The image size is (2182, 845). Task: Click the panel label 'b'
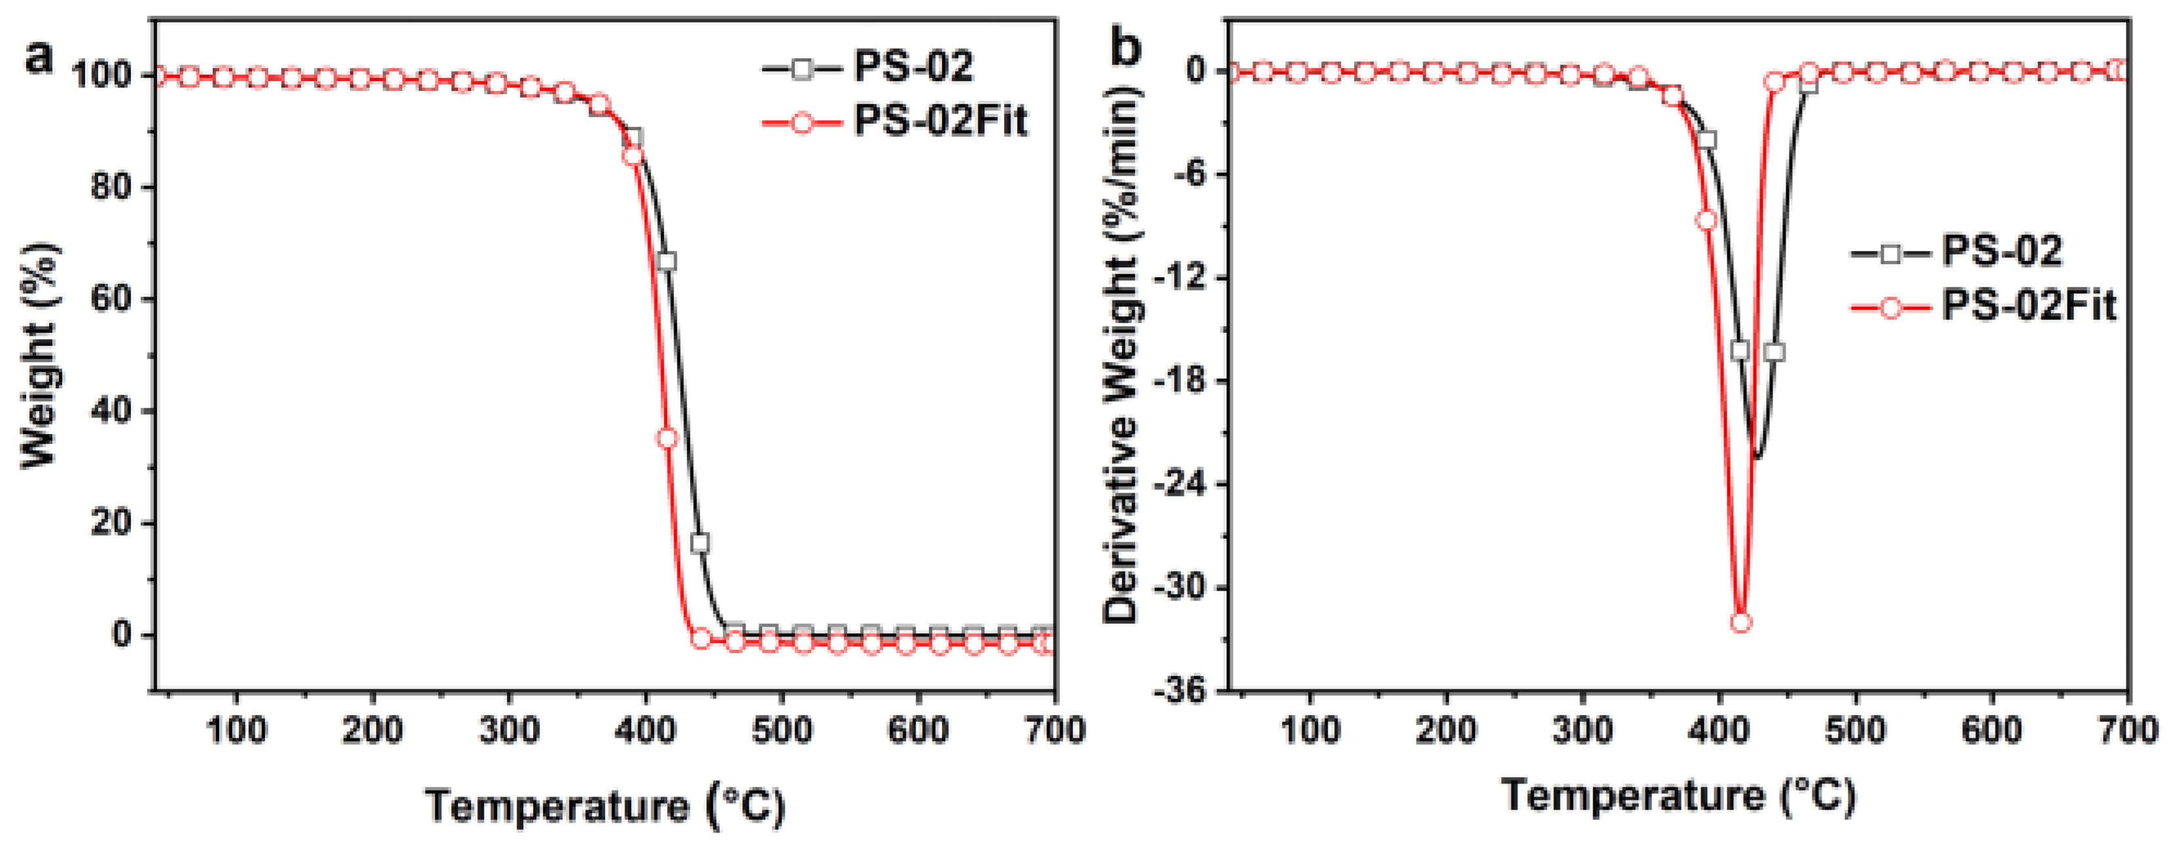coord(1125,48)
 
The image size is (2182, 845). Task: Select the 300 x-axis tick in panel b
coord(1582,730)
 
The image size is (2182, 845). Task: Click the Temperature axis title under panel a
coord(605,804)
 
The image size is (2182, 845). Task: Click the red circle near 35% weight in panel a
coord(667,438)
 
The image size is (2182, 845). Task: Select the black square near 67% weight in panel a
coord(667,261)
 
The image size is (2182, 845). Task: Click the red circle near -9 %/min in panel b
coord(1706,220)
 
